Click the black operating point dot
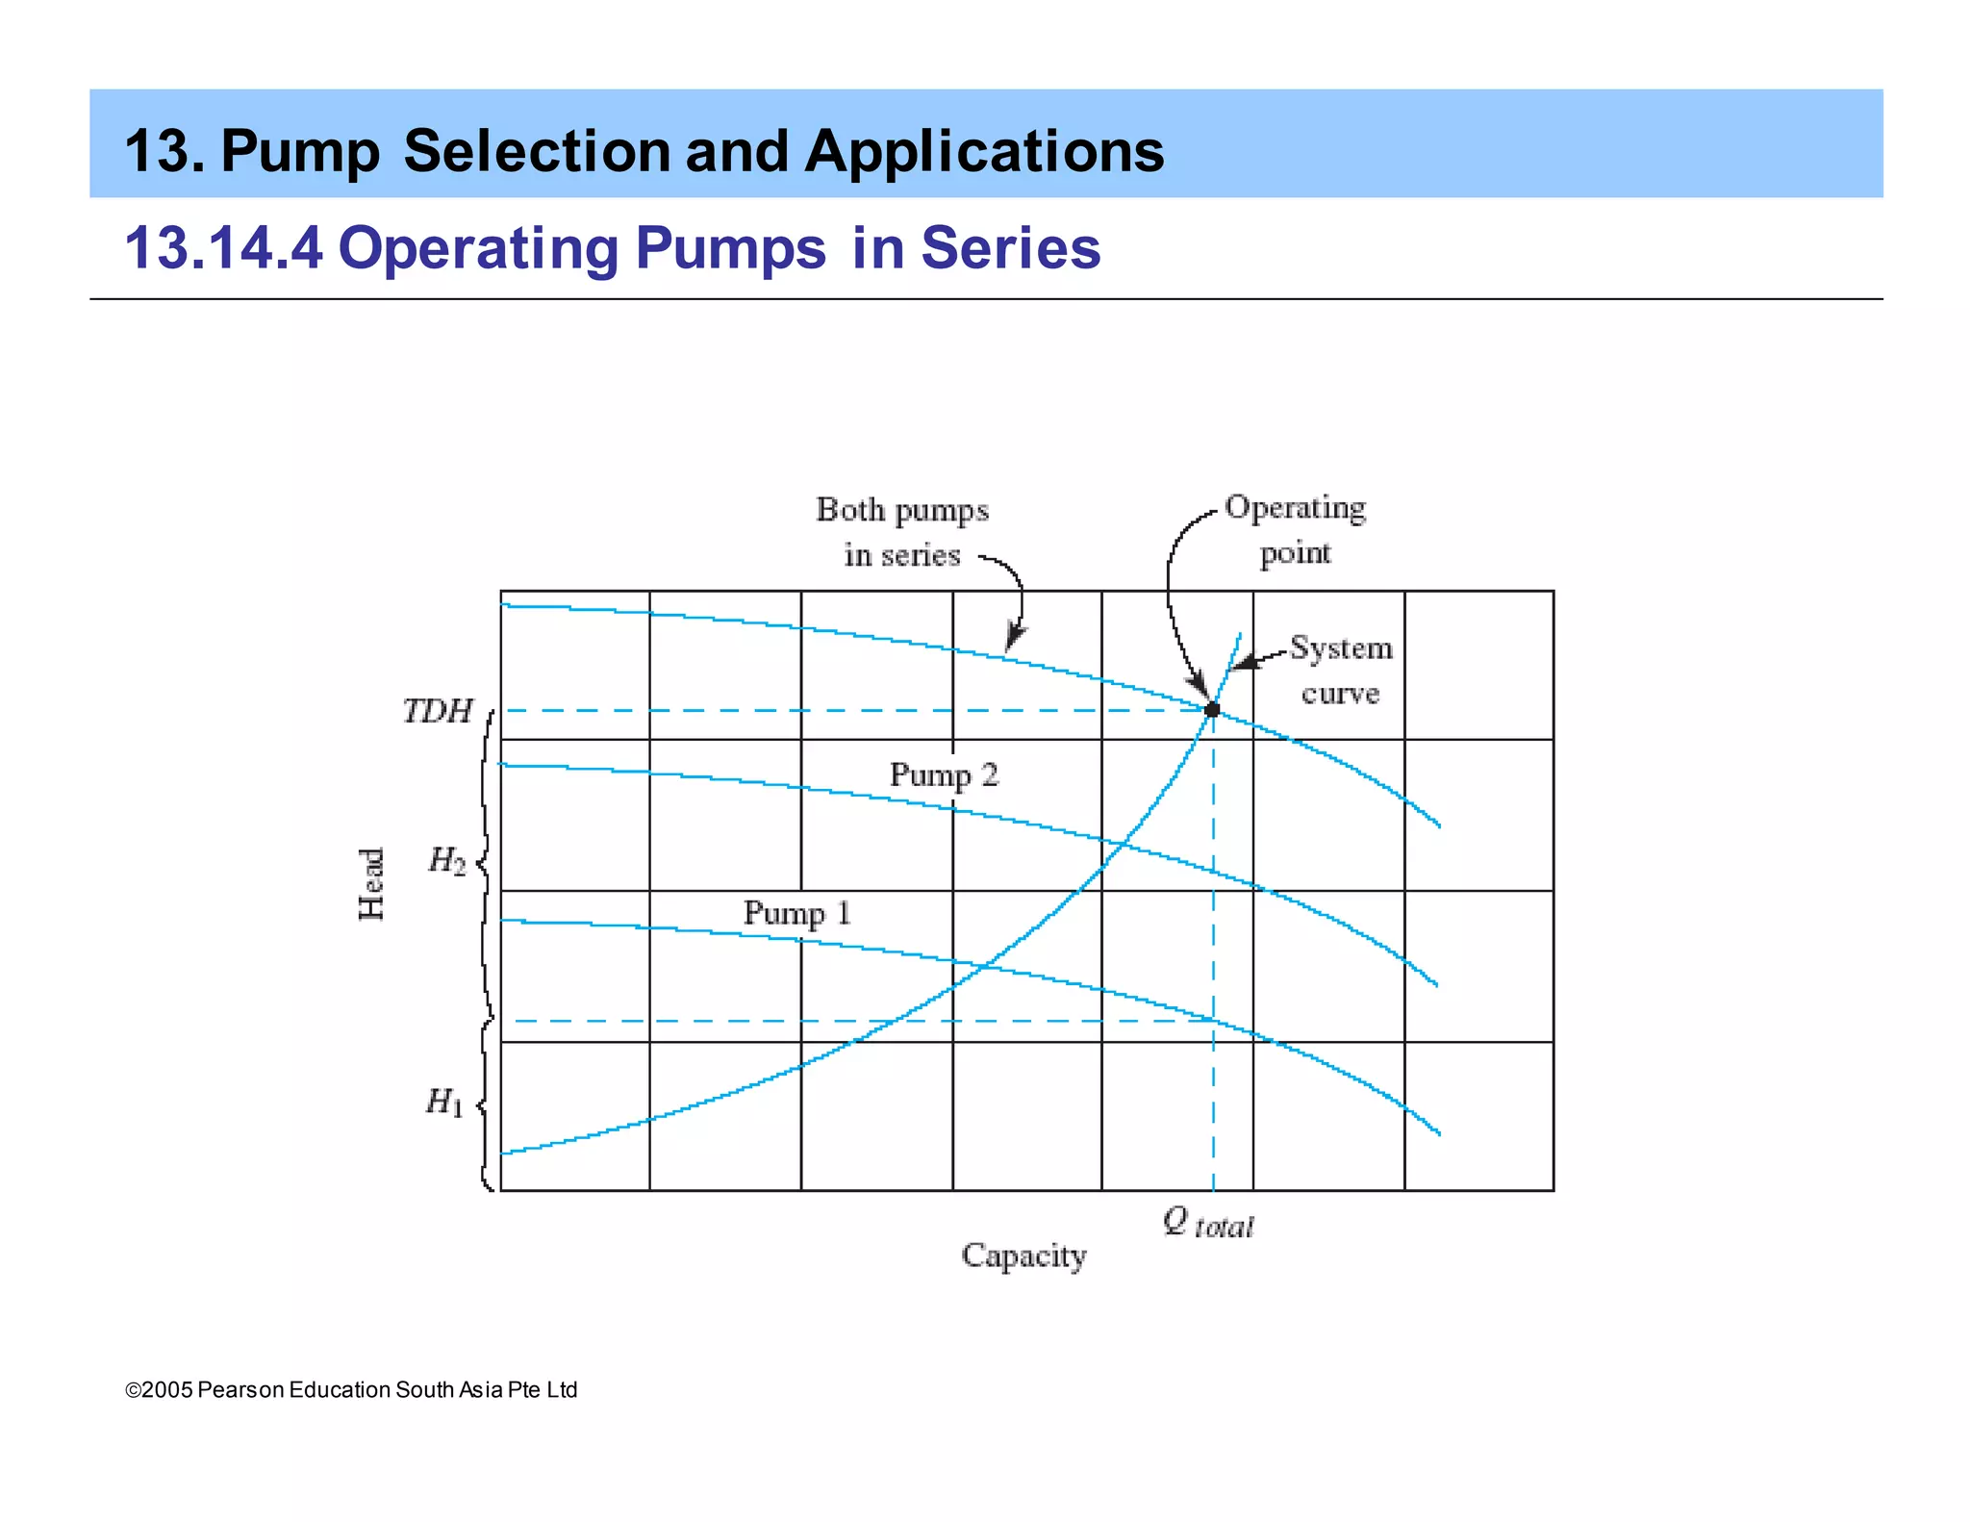(x=1212, y=710)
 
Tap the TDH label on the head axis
(x=438, y=712)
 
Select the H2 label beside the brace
(x=446, y=860)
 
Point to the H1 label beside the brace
(x=444, y=1102)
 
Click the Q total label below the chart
(x=1208, y=1224)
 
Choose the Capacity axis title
(x=1023, y=1256)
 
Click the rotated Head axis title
(x=371, y=884)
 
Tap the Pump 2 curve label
(x=944, y=775)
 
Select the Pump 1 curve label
(x=796, y=913)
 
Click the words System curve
(x=1341, y=671)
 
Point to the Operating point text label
(x=1295, y=530)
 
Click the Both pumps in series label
(x=902, y=532)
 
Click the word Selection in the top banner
(x=537, y=152)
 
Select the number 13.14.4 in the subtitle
(x=223, y=248)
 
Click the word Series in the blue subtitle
(x=1010, y=248)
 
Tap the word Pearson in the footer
(x=240, y=1390)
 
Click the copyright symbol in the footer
(x=133, y=1390)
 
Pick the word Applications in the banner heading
(x=984, y=152)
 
